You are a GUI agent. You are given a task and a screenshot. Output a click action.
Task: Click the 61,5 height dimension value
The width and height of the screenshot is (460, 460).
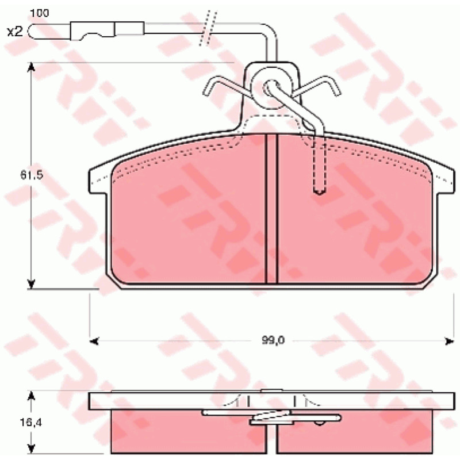[32, 175]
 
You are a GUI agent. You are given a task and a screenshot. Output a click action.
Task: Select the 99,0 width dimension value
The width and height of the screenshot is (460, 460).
[273, 340]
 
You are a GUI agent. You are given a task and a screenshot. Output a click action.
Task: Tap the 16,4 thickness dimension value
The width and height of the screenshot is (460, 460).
[32, 423]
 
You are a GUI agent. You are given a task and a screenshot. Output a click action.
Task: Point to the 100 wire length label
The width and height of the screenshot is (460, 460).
[40, 13]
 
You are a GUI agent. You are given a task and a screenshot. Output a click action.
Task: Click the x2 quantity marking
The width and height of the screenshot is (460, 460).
[15, 32]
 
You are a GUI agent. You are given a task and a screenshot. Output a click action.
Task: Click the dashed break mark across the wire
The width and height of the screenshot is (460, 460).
[208, 28]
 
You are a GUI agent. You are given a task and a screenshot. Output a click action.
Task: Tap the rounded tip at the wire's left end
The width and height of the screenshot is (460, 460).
[32, 31]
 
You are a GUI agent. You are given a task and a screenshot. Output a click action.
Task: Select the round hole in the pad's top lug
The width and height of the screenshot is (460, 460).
[271, 87]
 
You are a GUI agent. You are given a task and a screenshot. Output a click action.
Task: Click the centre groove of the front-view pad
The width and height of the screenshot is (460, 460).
[271, 209]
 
